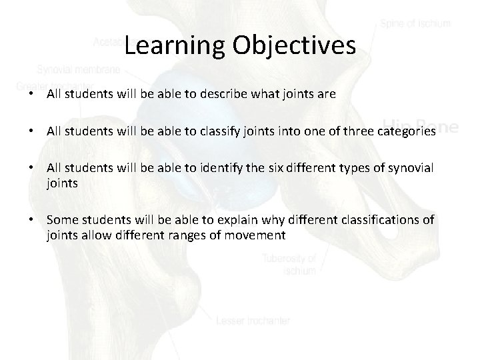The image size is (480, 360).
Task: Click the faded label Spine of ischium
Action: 415,24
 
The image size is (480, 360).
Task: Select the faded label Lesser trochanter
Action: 253,321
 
